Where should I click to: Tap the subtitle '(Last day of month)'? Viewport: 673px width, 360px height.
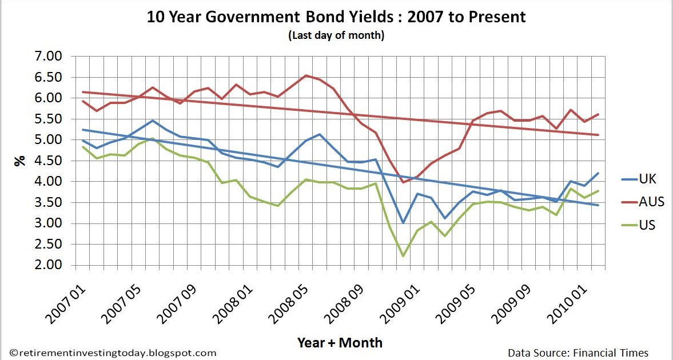pos(336,35)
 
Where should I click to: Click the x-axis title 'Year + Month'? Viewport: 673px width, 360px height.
pos(340,342)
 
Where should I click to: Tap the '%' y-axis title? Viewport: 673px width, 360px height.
pos(21,161)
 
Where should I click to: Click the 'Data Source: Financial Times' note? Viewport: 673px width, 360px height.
pos(578,353)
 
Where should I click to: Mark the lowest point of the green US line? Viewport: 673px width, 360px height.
pos(403,255)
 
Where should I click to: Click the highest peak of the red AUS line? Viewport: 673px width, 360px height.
pos(306,75)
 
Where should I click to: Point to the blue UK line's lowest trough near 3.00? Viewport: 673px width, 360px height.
pos(403,222)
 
